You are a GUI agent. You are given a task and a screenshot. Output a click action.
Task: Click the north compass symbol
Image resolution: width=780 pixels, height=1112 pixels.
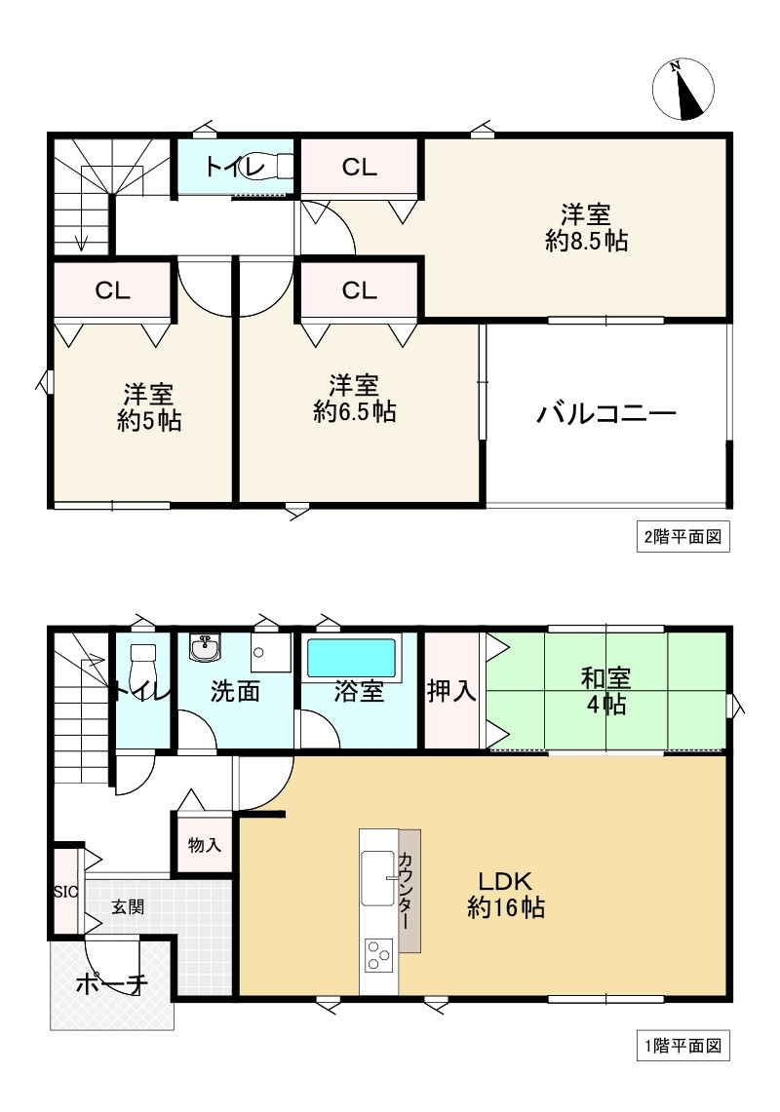point(682,90)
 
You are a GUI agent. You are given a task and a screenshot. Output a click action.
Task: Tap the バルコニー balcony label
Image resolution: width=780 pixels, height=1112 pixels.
point(606,415)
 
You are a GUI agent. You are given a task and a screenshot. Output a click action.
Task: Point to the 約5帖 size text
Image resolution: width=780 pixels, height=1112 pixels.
point(149,421)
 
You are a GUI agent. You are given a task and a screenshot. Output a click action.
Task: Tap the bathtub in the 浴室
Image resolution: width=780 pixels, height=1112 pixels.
point(352,658)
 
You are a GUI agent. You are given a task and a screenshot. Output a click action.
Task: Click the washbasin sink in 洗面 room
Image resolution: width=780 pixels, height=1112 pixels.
point(205,647)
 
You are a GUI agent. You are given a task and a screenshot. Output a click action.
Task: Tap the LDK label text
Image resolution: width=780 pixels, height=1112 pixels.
point(504,881)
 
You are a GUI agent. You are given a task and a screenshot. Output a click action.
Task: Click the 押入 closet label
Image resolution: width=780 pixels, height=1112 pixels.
point(451,691)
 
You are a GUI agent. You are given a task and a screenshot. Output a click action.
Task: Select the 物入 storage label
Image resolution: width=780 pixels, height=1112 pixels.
point(204,844)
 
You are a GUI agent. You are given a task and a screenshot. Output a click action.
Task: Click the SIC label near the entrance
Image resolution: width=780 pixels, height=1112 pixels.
point(63,891)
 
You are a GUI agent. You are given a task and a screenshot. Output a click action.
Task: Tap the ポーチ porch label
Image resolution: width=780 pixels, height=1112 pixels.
point(111,983)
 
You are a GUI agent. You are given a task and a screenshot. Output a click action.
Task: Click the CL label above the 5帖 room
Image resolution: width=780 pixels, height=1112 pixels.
point(112,289)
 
